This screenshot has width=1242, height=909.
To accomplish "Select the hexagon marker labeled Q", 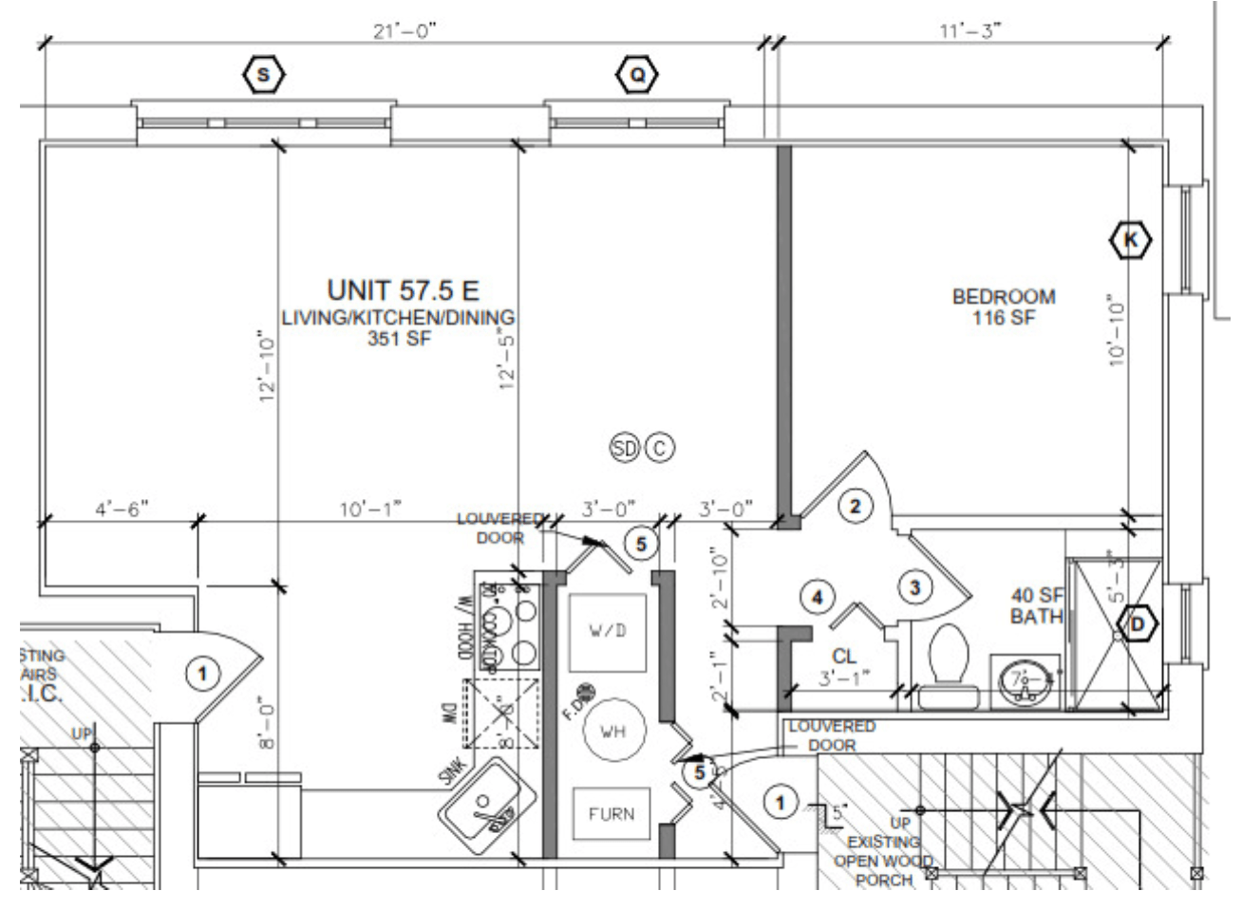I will click(637, 74).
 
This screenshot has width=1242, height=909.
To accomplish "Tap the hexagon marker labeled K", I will click(1130, 240).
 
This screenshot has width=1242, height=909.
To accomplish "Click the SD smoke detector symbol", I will click(625, 448).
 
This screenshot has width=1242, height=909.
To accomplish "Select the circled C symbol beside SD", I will click(660, 448).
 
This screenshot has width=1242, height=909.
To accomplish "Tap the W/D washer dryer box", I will click(608, 631).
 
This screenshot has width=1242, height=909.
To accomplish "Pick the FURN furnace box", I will click(611, 814).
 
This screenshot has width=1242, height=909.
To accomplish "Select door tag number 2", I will click(855, 507).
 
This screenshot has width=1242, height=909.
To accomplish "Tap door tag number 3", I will click(914, 588).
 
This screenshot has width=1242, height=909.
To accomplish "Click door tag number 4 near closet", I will click(816, 597).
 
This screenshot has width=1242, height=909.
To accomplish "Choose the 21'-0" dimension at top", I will click(405, 30).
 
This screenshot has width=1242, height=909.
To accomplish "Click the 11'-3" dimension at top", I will click(970, 30).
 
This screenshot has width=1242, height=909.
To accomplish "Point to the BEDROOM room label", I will click(1003, 297).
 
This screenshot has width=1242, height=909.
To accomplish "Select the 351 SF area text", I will click(399, 338).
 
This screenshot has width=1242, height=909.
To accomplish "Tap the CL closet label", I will click(843, 656).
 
